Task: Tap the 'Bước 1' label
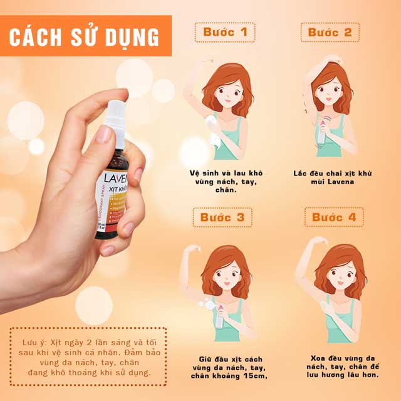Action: [224, 31]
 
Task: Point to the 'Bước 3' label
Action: [224, 217]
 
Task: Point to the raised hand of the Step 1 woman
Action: [204, 62]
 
